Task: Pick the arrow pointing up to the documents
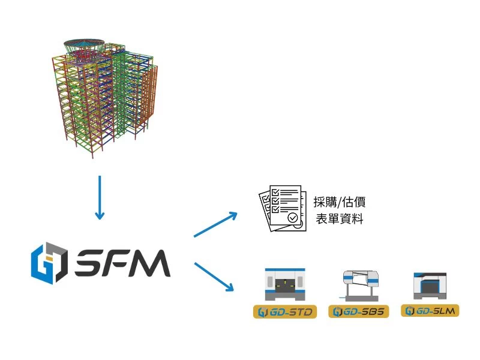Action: point(216,224)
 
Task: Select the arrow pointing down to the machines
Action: point(214,277)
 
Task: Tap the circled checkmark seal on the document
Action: point(293,218)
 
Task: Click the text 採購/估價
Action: point(340,202)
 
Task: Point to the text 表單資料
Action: point(340,219)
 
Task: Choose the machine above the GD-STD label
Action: point(286,284)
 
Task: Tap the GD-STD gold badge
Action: point(285,312)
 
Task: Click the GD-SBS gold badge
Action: point(359,312)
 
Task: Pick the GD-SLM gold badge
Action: point(430,311)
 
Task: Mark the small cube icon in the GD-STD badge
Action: point(262,312)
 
